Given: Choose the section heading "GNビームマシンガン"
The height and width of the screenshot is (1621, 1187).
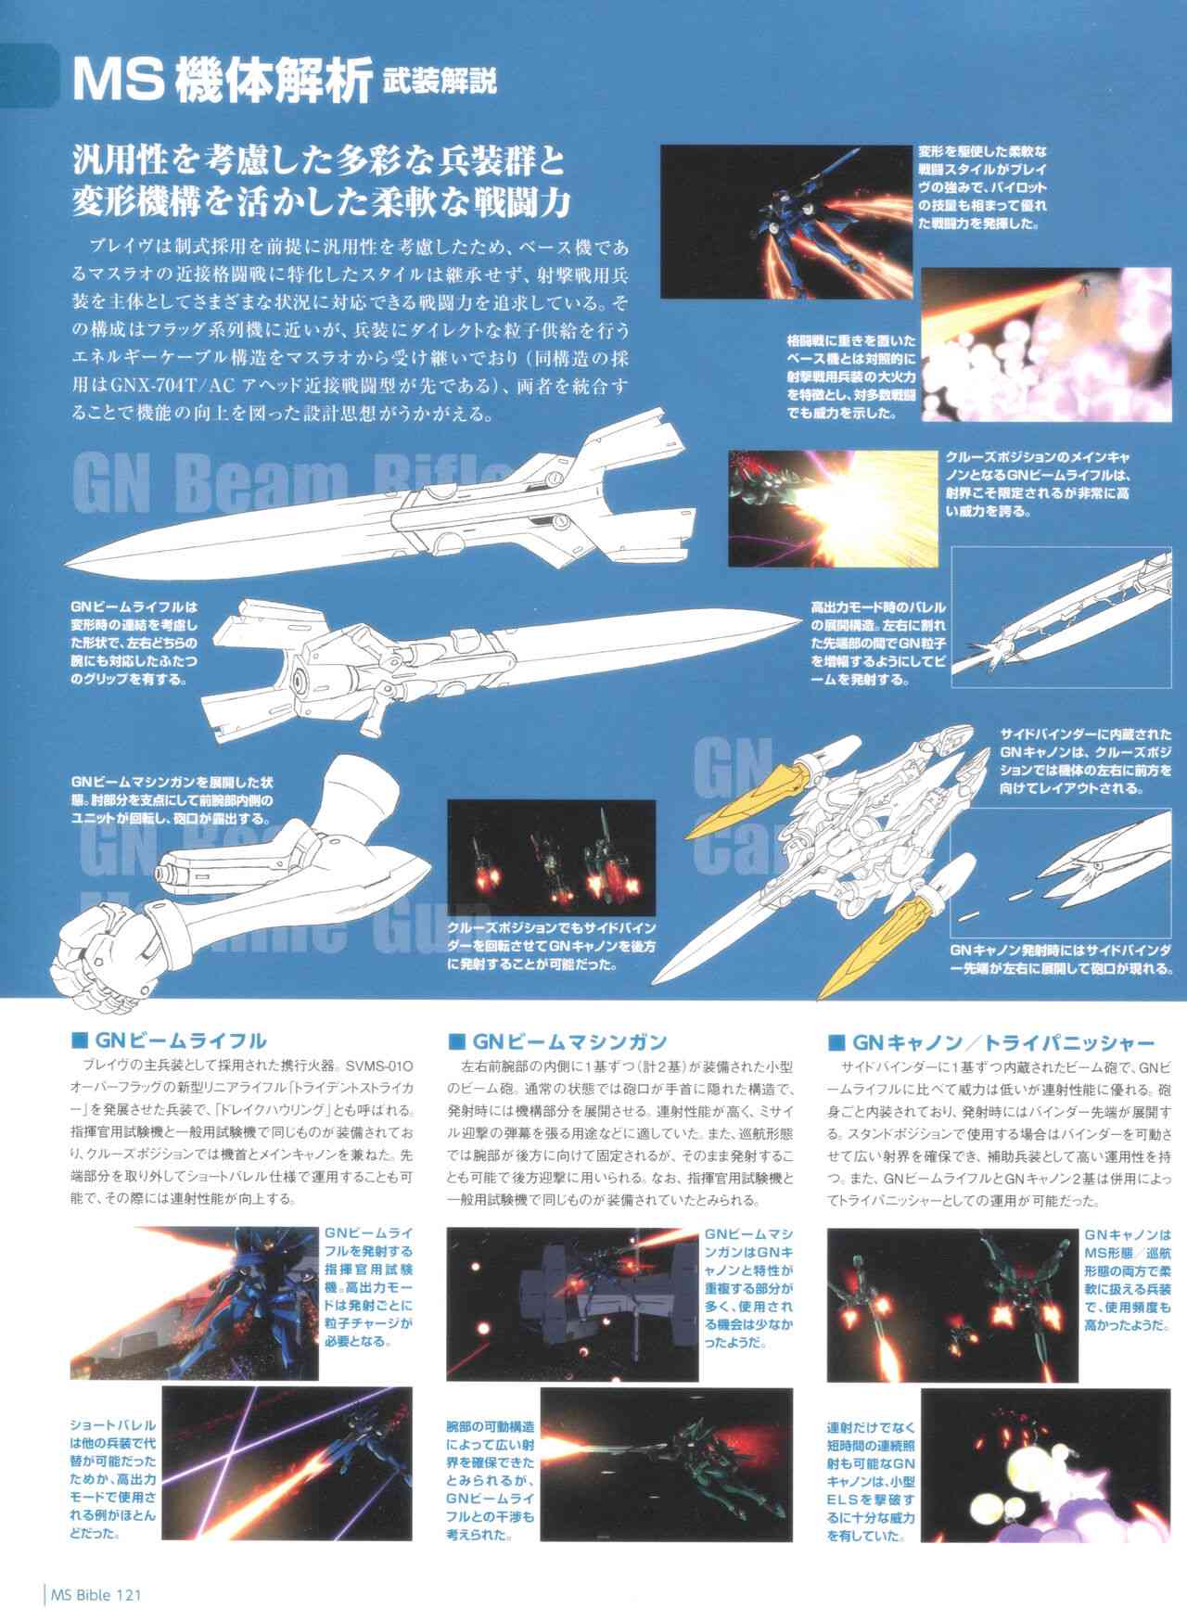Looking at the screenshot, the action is pos(568,1040).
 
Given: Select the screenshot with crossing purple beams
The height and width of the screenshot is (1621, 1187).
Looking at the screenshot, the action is pos(287,1461).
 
